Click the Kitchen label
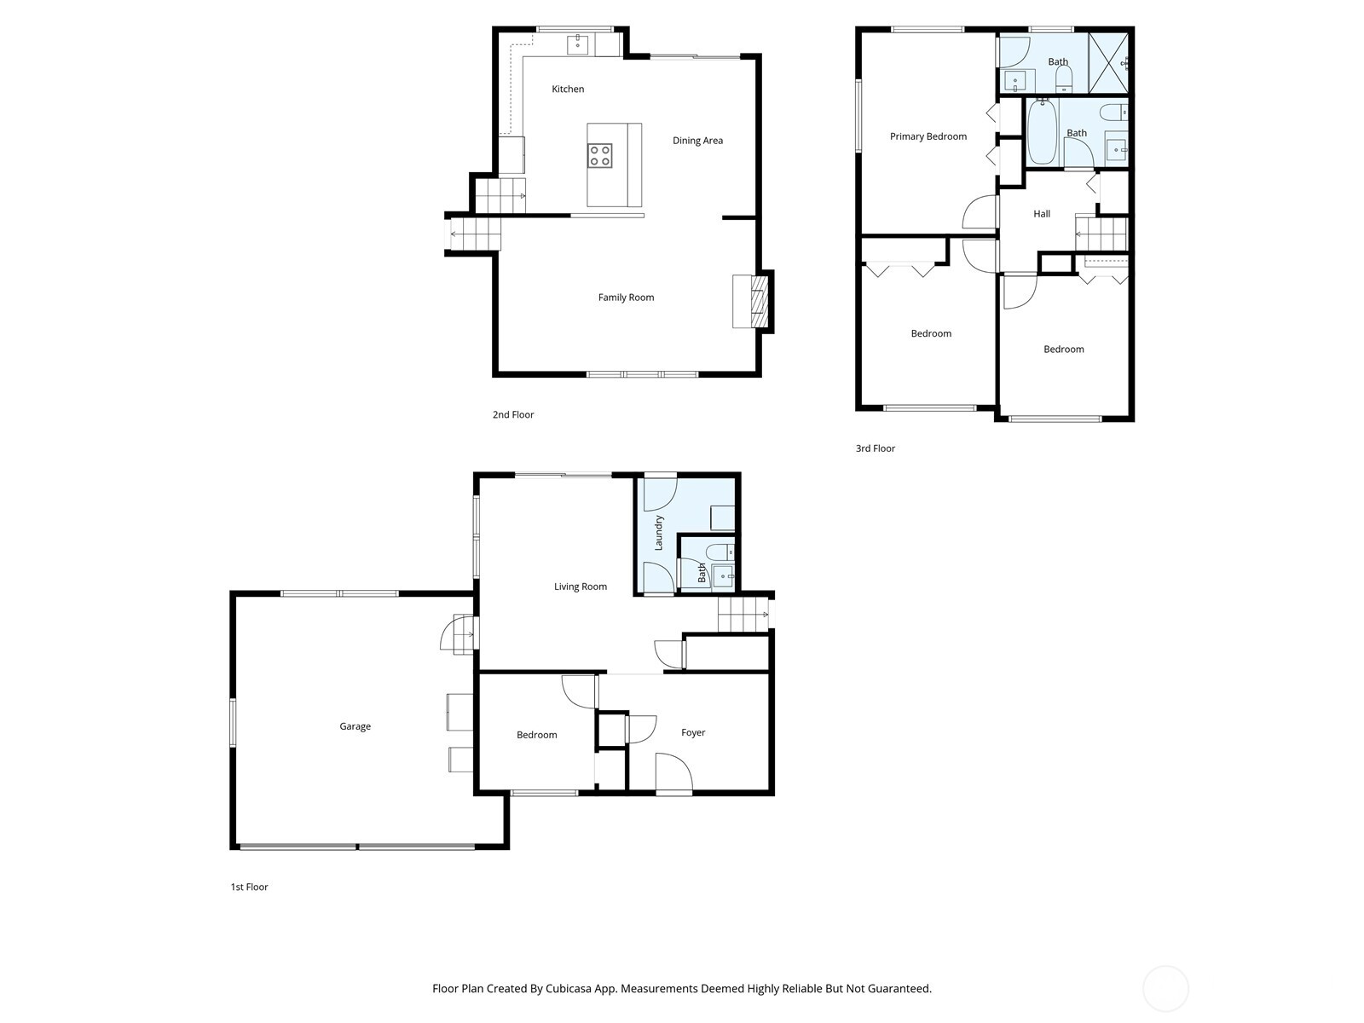point(568,89)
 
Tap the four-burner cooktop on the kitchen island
point(599,155)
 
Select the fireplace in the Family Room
point(754,301)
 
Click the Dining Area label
point(697,141)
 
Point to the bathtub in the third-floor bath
point(1042,133)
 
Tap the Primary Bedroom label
point(928,136)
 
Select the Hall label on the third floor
point(1042,214)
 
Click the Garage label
point(355,726)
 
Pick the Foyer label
point(693,732)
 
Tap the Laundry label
point(659,533)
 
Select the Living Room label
point(581,587)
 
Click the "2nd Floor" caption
point(513,415)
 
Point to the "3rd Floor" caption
point(876,448)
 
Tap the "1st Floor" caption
point(249,887)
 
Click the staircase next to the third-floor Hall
point(1101,234)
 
